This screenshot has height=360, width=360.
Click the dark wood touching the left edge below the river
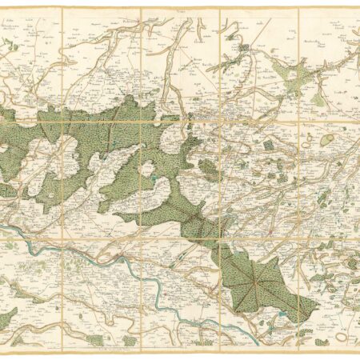[x=6, y=317]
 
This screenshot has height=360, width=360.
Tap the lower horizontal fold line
[x=180, y=238]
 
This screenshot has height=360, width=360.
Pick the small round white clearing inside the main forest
[x=146, y=168]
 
